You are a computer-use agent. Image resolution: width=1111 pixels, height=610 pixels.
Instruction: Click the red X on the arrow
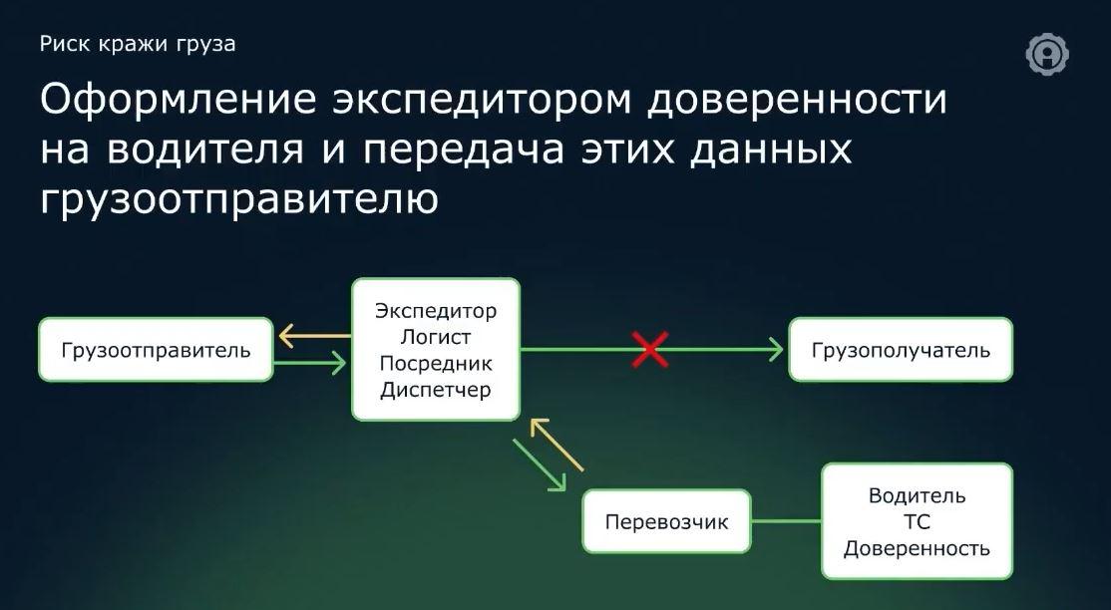click(649, 350)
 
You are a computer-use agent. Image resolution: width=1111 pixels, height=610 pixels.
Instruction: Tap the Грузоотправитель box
click(156, 350)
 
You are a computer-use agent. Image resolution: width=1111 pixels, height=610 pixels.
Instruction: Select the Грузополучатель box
click(901, 350)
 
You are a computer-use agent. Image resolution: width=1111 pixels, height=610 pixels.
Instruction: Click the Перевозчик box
click(666, 521)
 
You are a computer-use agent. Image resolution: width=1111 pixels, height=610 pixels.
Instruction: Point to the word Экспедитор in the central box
click(436, 311)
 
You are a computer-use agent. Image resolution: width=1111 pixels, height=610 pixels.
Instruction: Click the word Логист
click(436, 337)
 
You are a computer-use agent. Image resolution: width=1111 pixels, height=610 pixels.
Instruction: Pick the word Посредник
click(436, 364)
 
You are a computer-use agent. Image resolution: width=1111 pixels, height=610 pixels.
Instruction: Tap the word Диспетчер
click(436, 390)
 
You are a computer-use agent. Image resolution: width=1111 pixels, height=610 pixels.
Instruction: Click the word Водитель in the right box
click(917, 495)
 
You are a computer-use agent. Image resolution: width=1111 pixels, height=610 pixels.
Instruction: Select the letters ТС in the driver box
click(917, 522)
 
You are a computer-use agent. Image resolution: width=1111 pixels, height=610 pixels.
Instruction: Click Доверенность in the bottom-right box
click(917, 548)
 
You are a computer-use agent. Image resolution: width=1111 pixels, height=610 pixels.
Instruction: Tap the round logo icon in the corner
click(1047, 54)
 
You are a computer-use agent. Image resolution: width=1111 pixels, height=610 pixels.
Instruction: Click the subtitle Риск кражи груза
click(138, 44)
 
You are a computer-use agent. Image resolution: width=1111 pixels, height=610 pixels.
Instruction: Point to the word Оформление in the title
click(178, 100)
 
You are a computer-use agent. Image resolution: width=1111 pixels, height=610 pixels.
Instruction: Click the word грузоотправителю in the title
click(239, 199)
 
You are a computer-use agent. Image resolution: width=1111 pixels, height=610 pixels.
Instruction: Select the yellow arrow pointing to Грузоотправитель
click(314, 335)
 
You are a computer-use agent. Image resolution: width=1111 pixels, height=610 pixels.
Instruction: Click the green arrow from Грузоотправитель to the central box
click(309, 364)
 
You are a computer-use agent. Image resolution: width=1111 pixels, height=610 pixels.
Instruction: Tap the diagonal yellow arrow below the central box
click(556, 445)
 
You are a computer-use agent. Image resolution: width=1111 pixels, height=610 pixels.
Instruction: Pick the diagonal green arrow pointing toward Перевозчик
click(540, 464)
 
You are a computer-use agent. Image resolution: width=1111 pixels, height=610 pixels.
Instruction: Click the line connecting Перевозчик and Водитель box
click(787, 521)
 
